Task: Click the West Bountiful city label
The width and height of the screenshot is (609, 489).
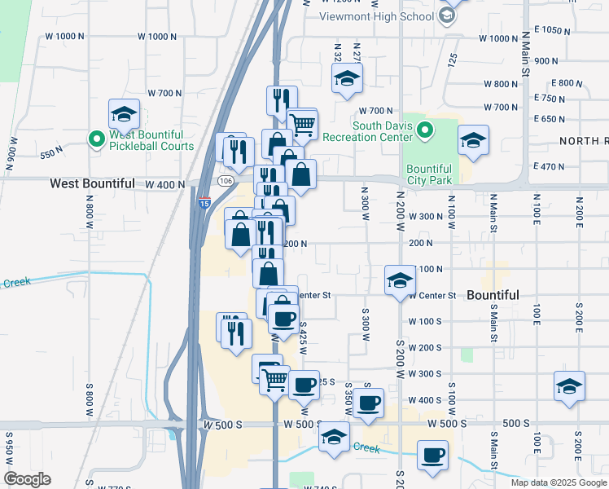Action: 92,183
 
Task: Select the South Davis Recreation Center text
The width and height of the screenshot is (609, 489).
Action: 386,131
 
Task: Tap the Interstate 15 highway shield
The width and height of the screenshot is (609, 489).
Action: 203,201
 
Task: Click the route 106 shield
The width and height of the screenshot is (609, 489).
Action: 226,180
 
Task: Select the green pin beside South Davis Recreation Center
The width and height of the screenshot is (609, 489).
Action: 424,130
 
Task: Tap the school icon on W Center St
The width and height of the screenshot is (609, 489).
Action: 399,280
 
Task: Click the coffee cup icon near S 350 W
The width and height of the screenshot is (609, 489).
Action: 368,403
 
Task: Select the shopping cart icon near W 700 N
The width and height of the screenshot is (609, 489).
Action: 301,124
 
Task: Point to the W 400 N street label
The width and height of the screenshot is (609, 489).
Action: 165,185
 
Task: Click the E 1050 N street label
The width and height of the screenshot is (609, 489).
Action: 564,30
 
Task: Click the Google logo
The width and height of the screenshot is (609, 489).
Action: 28,479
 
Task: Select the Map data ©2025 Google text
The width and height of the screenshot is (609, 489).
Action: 559,482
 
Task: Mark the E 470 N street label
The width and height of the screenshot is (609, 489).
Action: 550,166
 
